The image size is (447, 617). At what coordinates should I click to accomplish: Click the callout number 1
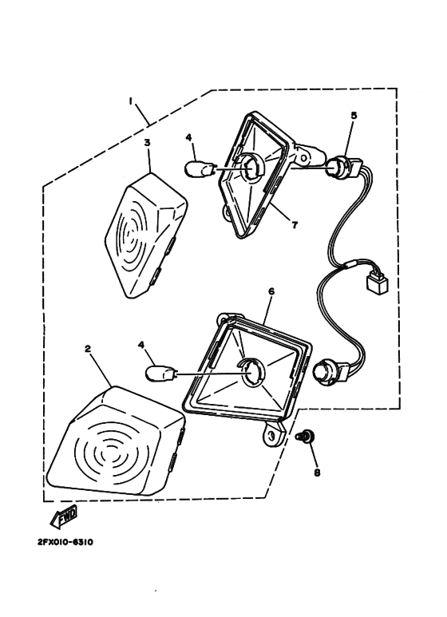(130, 101)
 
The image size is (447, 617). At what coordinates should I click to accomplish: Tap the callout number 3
(147, 142)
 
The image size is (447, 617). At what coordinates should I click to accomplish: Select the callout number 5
(354, 116)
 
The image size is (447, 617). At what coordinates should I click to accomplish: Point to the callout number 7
(295, 225)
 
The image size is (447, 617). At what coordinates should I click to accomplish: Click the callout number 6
(271, 291)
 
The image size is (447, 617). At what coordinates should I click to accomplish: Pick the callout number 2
(88, 349)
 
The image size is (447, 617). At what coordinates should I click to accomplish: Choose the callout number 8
(317, 473)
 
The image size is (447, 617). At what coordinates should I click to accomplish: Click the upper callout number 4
(189, 137)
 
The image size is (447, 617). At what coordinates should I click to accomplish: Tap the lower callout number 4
(141, 345)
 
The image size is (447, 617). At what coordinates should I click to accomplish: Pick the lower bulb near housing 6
(162, 374)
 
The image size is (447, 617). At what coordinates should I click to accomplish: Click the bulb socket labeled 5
(342, 167)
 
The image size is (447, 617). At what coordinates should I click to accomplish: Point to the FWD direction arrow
(63, 518)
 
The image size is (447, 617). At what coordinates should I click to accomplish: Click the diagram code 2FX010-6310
(65, 542)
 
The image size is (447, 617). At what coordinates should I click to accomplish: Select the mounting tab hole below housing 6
(271, 434)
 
